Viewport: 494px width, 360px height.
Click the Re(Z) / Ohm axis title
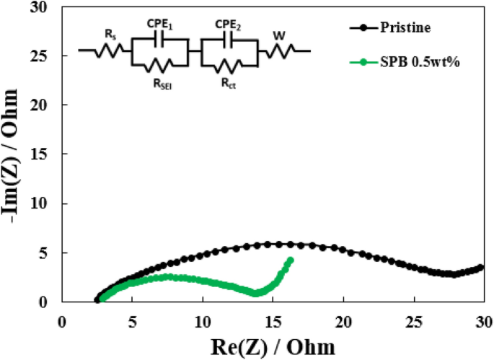click(x=273, y=345)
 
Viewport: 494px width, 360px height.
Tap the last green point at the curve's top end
click(x=291, y=260)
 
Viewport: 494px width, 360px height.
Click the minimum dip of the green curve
click(x=256, y=293)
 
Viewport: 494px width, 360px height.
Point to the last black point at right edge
click(x=482, y=267)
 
